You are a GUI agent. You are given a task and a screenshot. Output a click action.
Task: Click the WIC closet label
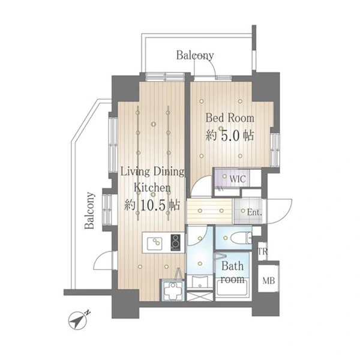(x=238, y=179)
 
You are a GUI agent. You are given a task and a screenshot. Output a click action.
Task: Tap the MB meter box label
(x=268, y=281)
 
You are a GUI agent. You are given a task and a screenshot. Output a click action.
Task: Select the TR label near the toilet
(x=263, y=251)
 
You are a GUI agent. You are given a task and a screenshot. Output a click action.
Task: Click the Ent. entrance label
(x=254, y=212)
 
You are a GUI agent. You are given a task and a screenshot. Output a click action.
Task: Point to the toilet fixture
(x=241, y=238)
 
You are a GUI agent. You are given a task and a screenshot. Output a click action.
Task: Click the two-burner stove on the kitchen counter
(x=176, y=242)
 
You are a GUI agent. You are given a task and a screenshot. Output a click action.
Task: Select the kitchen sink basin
(x=155, y=244)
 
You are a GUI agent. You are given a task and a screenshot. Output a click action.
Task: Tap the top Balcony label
(x=195, y=56)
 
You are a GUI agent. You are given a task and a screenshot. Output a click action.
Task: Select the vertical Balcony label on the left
(x=89, y=211)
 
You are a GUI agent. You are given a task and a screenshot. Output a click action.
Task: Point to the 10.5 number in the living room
(x=152, y=205)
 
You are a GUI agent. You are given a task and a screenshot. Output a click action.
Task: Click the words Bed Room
(x=230, y=118)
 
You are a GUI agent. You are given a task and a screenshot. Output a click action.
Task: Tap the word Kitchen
(x=152, y=188)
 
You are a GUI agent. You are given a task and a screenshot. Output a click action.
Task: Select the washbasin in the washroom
(x=200, y=282)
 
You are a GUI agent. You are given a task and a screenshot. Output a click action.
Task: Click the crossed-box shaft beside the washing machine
(x=200, y=296)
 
